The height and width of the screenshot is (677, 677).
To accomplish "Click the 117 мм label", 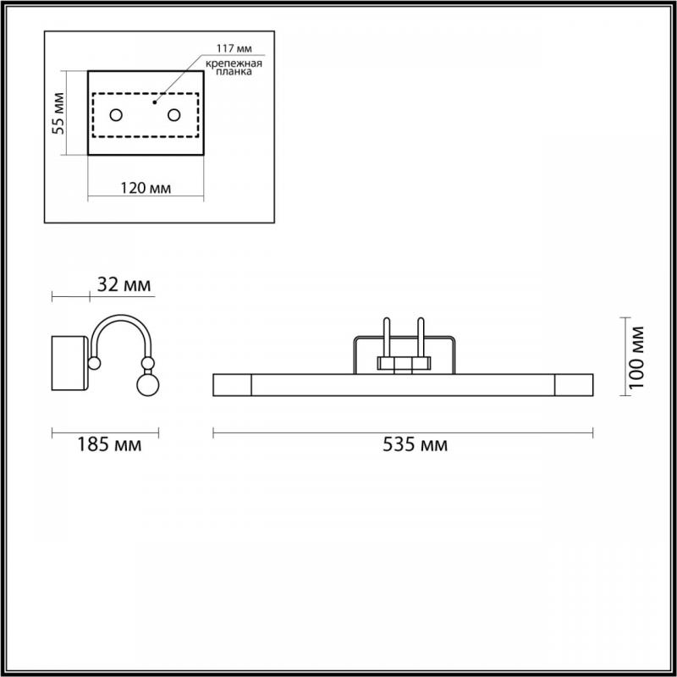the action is point(234,48).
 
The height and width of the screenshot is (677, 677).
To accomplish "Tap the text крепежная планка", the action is point(234,68).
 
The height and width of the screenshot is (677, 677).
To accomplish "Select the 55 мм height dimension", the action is point(58,113).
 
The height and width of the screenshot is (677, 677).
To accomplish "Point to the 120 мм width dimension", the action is point(146,188).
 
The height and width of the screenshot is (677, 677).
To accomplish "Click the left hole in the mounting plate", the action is point(116,115).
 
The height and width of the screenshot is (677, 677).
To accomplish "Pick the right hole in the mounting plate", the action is point(174,115).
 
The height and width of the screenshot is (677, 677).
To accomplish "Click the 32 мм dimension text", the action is point(124,285).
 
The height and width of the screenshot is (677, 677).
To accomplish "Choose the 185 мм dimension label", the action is point(109,444).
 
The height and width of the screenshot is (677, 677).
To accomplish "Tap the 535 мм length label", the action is point(415,444).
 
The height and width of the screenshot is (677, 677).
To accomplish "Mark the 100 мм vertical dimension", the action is point(636,357).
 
